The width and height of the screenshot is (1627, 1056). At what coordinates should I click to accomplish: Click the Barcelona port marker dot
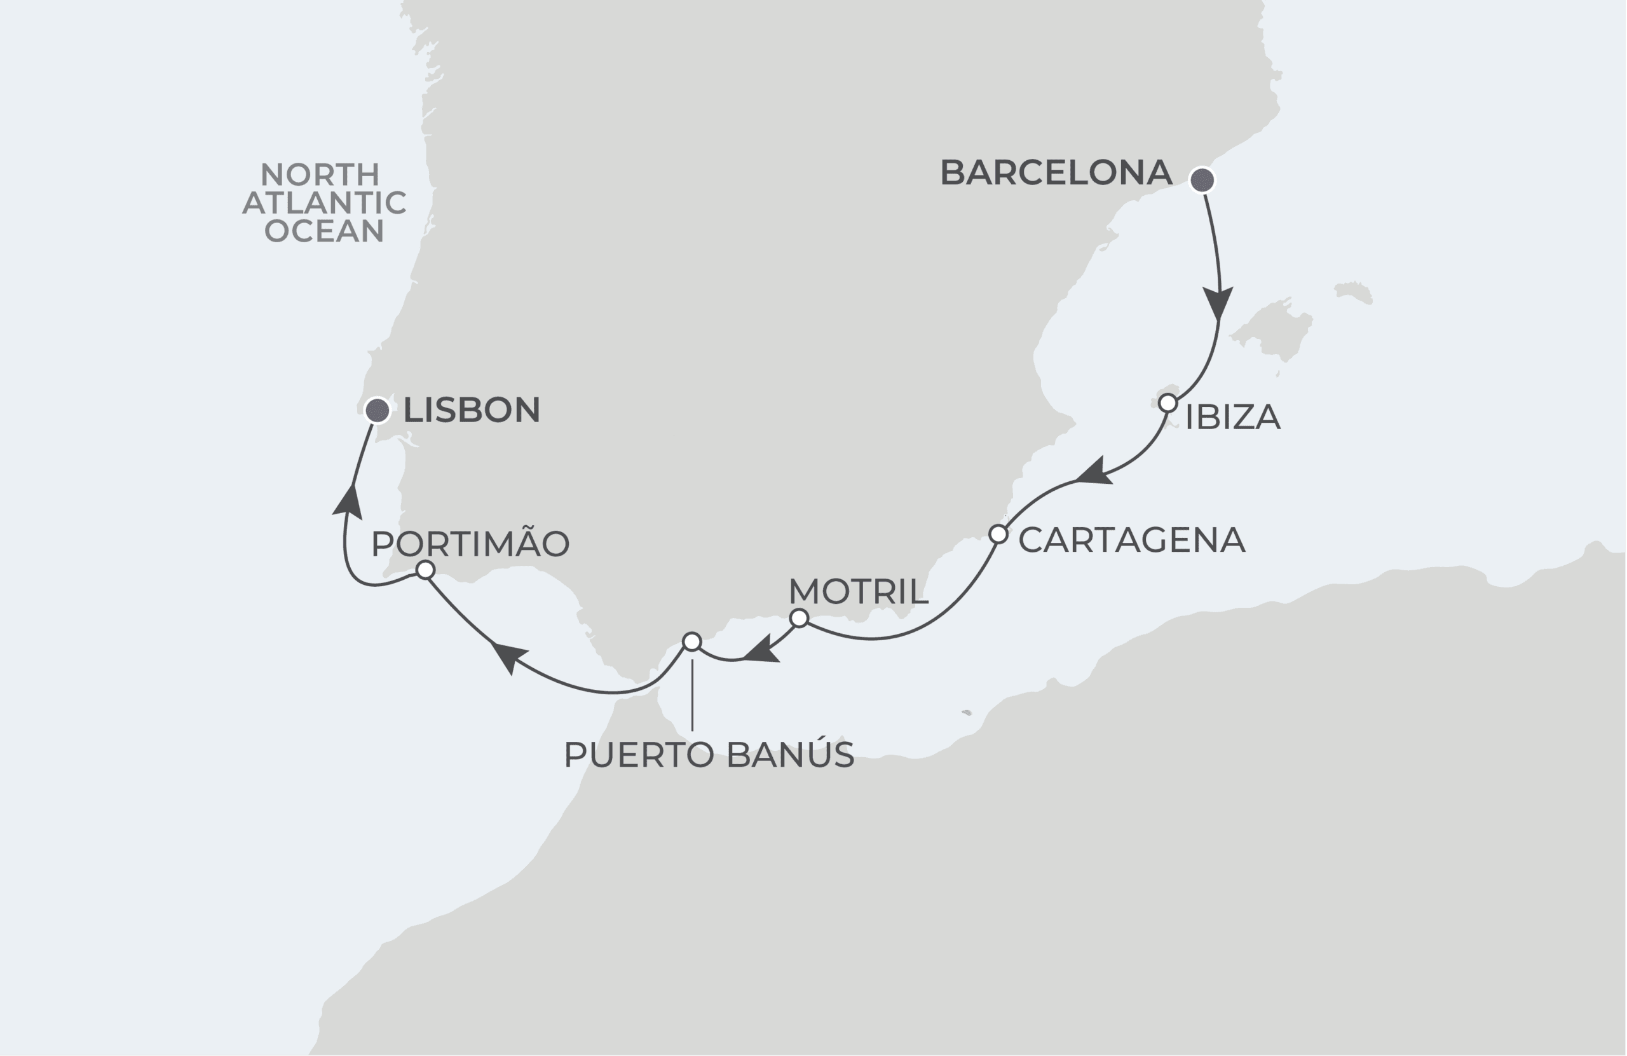[1202, 181]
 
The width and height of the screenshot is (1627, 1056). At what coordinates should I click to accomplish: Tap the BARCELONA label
[1056, 173]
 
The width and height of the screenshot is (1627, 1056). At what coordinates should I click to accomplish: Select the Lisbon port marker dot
[378, 410]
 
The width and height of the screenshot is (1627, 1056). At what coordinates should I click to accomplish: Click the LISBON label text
[472, 410]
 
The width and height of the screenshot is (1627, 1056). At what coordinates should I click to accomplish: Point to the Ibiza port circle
[1167, 403]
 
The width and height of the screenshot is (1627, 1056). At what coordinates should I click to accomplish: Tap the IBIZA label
[1232, 418]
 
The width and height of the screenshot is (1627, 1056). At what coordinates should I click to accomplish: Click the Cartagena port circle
[998, 534]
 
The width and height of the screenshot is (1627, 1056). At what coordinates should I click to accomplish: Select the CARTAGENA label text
[1131, 540]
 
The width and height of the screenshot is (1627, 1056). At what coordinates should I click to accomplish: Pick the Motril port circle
[798, 619]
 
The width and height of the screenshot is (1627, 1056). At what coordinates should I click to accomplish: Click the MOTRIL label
[858, 592]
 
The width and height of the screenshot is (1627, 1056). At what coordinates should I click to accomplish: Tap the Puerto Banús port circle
[692, 641]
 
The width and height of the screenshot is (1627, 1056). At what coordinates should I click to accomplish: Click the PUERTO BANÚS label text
[709, 755]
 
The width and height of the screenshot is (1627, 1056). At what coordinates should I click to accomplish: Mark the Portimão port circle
[425, 570]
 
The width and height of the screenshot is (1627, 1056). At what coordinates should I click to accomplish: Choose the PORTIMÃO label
[470, 544]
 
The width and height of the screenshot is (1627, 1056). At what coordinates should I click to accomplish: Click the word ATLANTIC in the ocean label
[325, 203]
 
